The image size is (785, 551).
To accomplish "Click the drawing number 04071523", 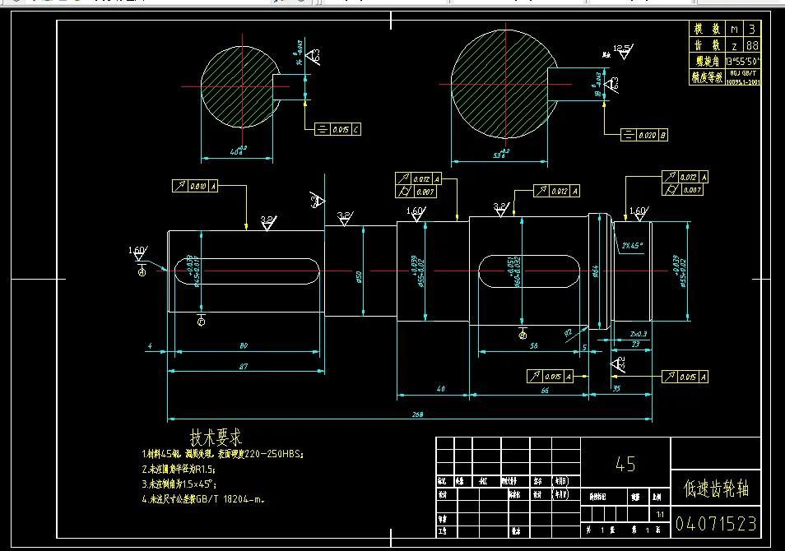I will pos(715,524).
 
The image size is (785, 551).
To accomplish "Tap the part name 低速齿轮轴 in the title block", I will pos(715,490).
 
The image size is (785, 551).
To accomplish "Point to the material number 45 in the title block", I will pos(625,464).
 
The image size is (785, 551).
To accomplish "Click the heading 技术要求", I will pos(216,437).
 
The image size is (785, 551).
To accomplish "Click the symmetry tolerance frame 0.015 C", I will pos(338,129).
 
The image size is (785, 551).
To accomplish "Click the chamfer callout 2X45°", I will pos(633,245).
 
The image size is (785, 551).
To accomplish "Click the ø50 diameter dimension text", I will pos(360,276).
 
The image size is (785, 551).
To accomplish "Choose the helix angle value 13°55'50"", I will pos(740,62).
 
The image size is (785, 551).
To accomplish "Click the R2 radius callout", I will pos(569,332).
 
